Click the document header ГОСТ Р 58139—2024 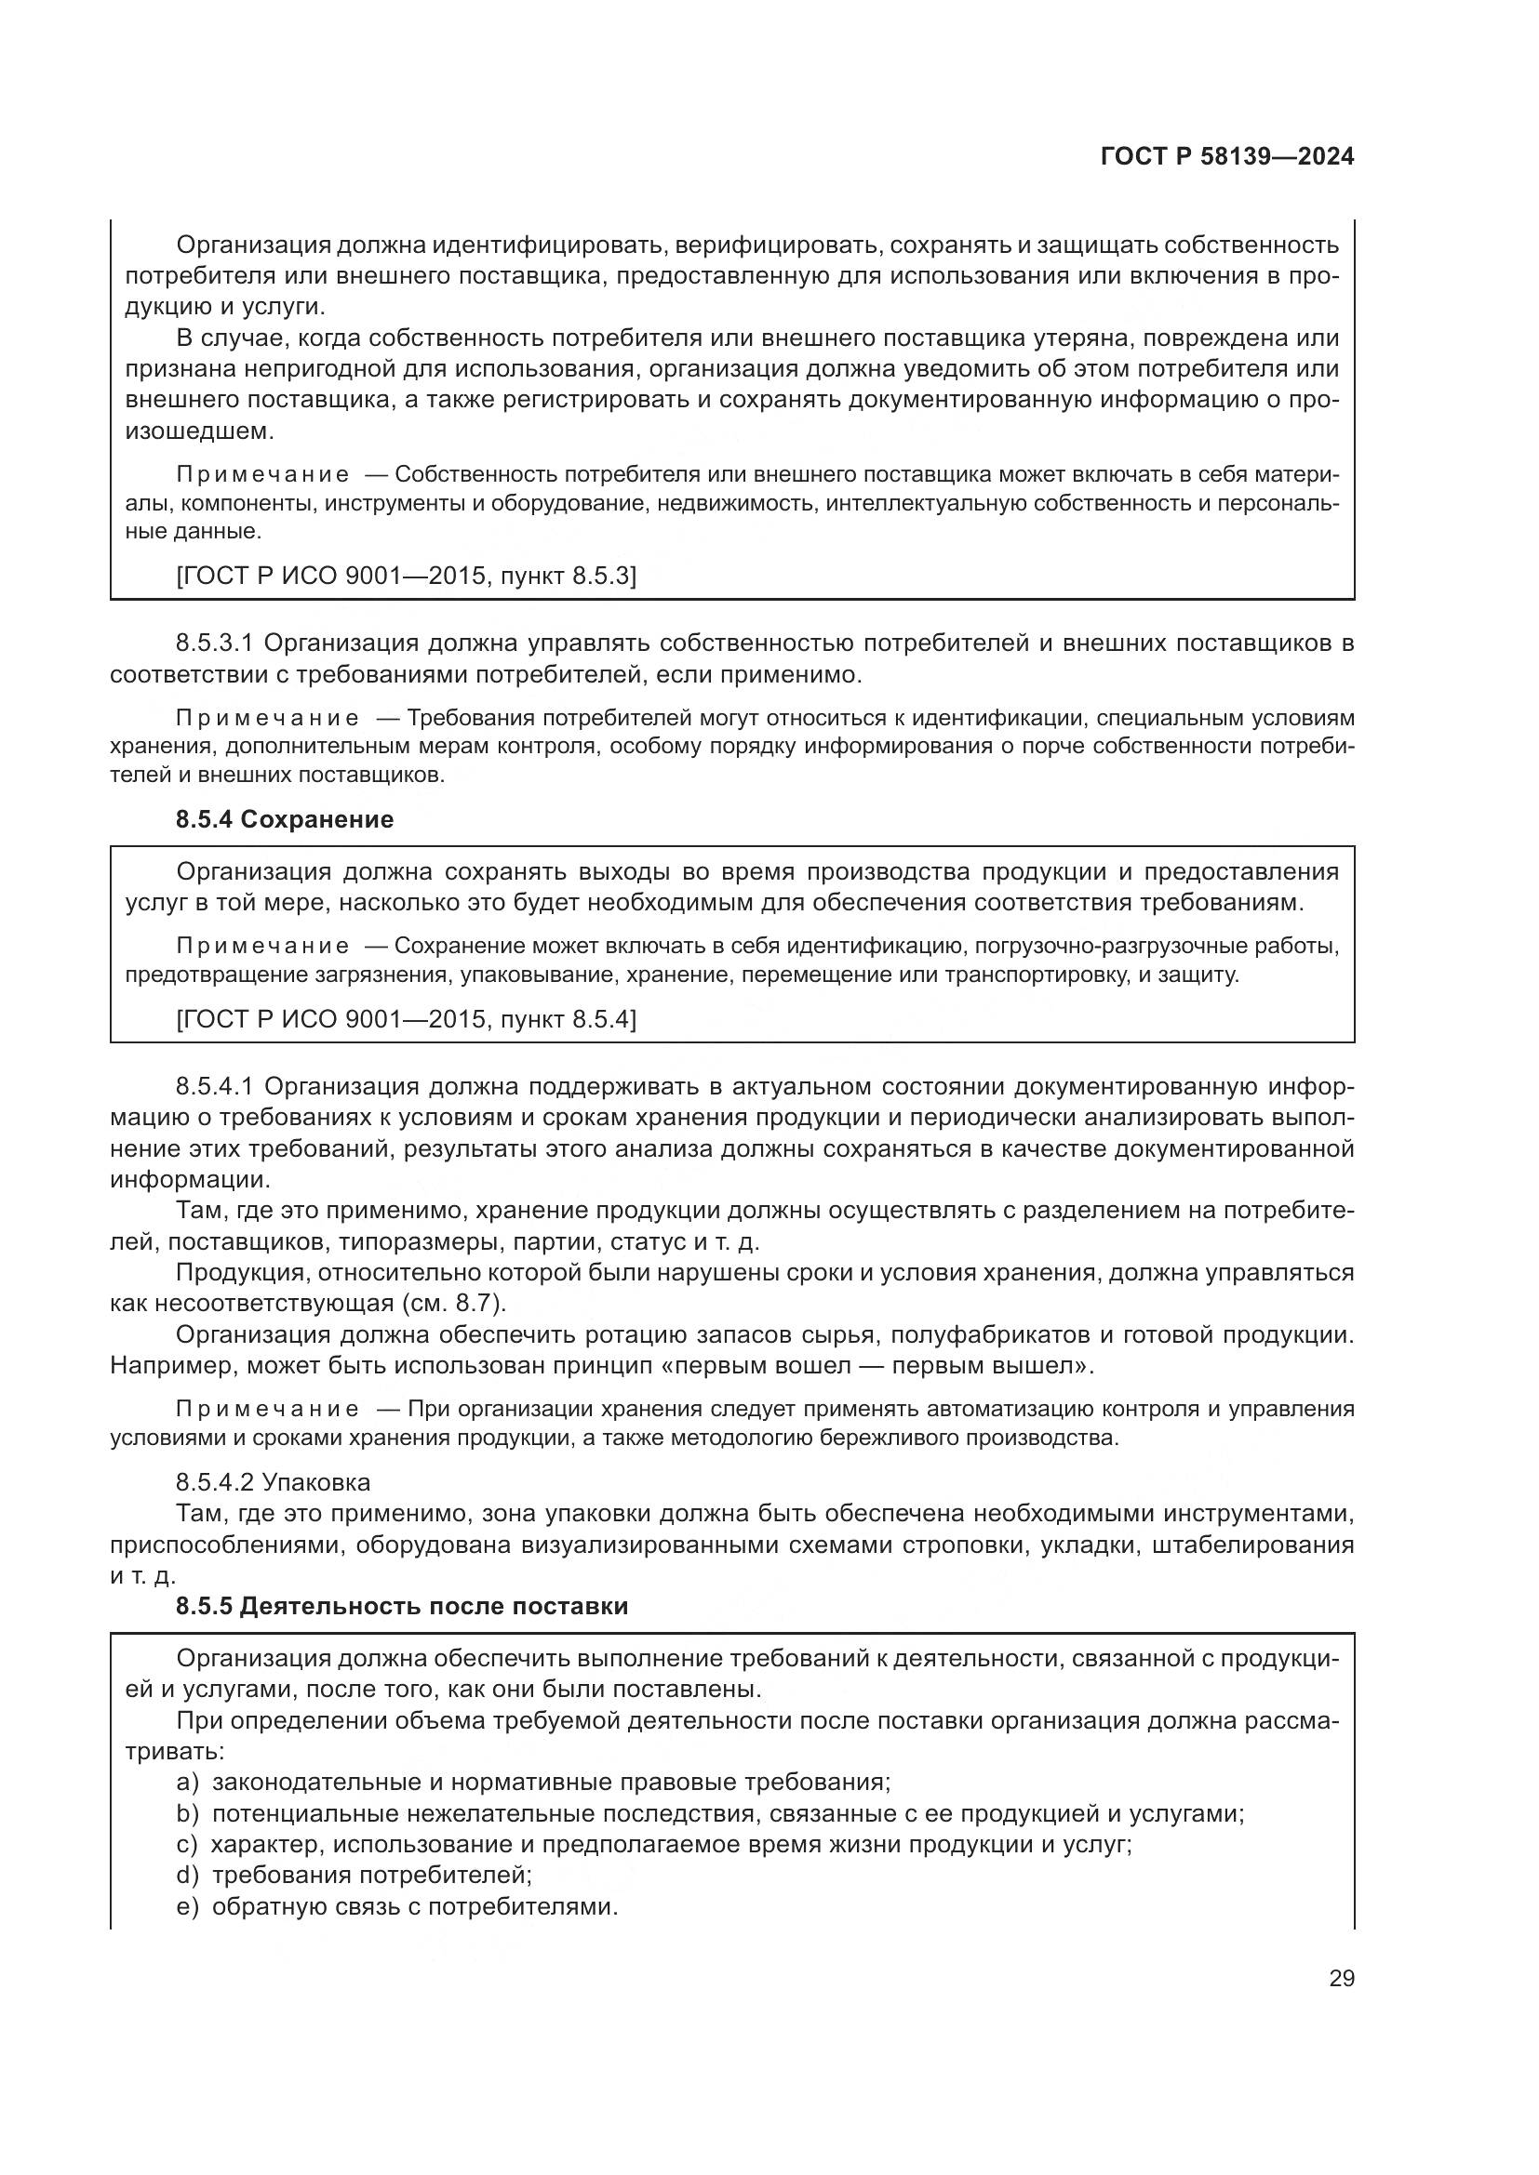[x=1226, y=157]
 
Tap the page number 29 [x=1341, y=1979]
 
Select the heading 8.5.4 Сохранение [x=285, y=819]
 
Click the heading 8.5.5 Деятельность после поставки [x=402, y=1607]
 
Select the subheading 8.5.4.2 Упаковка [x=273, y=1482]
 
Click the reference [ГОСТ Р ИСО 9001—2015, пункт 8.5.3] [x=406, y=575]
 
